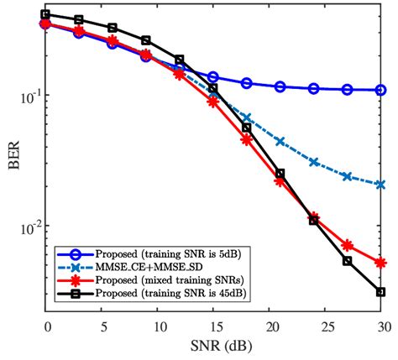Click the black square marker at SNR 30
click(x=380, y=292)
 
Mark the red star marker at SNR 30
click(x=380, y=263)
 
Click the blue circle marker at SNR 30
click(x=380, y=90)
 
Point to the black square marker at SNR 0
click(x=46, y=14)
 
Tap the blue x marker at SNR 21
click(x=280, y=141)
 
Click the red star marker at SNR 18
click(x=247, y=140)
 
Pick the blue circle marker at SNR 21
click(x=280, y=86)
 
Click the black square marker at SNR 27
click(x=347, y=261)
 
